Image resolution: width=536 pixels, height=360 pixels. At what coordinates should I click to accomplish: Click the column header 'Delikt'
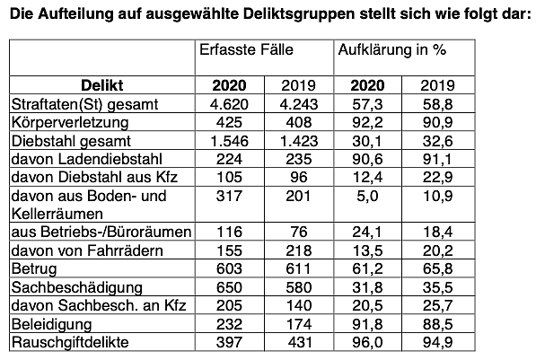tap(101, 86)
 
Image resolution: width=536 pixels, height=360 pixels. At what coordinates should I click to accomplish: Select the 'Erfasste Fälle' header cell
tap(246, 50)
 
